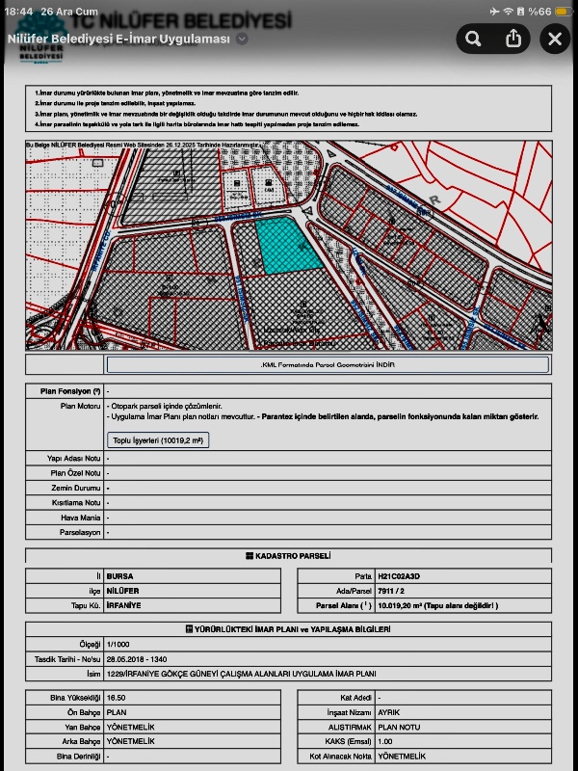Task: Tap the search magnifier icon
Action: [472, 39]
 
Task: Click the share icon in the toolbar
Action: [513, 39]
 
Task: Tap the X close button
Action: [555, 39]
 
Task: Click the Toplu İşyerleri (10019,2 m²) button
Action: [158, 439]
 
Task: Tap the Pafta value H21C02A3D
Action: [399, 574]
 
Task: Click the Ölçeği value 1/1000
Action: [118, 644]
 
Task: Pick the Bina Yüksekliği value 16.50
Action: [117, 697]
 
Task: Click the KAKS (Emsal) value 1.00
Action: [385, 741]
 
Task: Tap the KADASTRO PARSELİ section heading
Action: [289, 556]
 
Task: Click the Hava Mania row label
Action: [81, 518]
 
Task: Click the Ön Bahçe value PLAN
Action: [117, 711]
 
